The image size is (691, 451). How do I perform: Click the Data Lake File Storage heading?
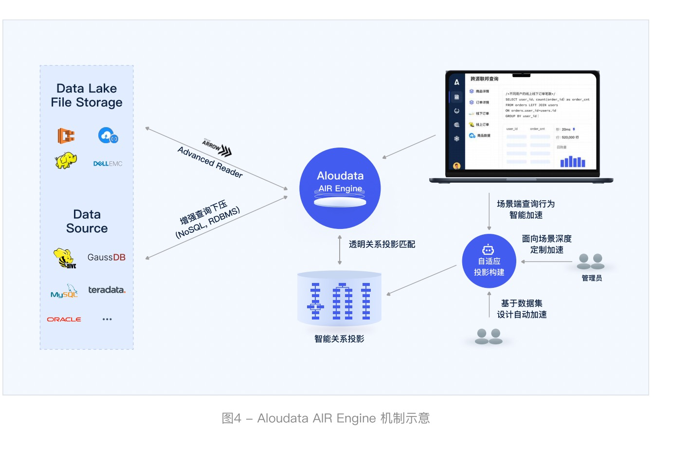(x=87, y=95)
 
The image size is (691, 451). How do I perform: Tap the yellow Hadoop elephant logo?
(x=66, y=160)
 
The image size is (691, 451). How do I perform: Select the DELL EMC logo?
(x=108, y=164)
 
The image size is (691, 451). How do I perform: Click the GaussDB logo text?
(x=106, y=257)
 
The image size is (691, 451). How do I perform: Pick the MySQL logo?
(x=64, y=292)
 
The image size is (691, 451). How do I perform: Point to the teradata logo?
(x=107, y=290)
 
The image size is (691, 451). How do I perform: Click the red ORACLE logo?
(x=64, y=319)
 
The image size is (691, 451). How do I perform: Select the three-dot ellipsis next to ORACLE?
(x=107, y=319)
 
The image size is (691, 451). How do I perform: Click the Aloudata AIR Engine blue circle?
(x=340, y=188)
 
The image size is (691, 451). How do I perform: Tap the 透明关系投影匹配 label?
(x=382, y=244)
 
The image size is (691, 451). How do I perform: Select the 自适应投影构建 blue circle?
(x=489, y=262)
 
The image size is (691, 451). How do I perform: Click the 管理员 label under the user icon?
(x=592, y=278)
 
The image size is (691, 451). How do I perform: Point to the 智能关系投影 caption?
(x=339, y=339)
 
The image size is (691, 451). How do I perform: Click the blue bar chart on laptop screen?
(x=572, y=162)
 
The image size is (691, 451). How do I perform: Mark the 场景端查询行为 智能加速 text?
(x=526, y=209)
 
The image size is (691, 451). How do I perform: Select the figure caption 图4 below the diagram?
(x=326, y=418)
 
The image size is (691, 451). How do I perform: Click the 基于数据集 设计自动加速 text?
(x=522, y=309)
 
